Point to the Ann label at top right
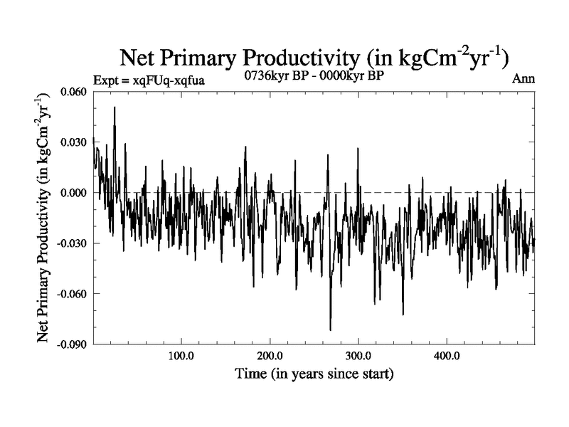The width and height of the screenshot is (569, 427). (x=523, y=80)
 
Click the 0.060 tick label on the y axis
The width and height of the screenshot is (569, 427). (x=75, y=92)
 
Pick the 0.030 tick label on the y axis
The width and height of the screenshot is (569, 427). (x=75, y=142)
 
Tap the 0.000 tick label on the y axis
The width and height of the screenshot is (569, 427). (x=75, y=193)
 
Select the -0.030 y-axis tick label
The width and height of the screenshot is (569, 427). (x=73, y=243)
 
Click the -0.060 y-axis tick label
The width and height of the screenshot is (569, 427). (x=73, y=294)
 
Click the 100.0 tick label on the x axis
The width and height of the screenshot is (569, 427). (x=181, y=357)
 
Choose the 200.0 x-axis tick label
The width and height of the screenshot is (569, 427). (x=270, y=357)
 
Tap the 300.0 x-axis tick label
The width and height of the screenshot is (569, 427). (x=358, y=357)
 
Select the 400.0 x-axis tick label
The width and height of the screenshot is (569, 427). (x=446, y=357)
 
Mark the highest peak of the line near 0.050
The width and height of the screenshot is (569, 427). (x=115, y=107)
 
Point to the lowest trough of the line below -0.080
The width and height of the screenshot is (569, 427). (x=330, y=330)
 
